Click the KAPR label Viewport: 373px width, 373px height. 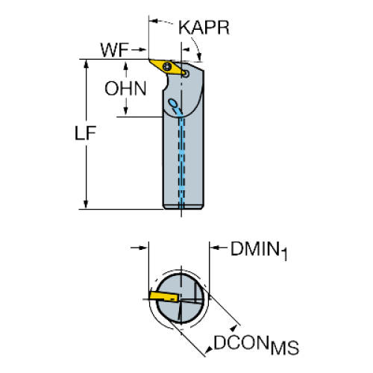(204, 28)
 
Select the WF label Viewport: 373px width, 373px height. (115, 50)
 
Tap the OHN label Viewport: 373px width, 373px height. (125, 89)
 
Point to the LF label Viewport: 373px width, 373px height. (85, 134)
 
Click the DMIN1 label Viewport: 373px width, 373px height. (259, 251)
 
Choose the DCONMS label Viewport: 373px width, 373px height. (256, 345)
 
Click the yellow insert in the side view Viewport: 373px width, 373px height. (168, 66)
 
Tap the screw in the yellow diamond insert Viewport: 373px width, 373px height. (166, 66)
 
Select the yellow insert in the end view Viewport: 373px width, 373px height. (164, 296)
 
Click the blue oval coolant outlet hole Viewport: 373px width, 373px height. (172, 102)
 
